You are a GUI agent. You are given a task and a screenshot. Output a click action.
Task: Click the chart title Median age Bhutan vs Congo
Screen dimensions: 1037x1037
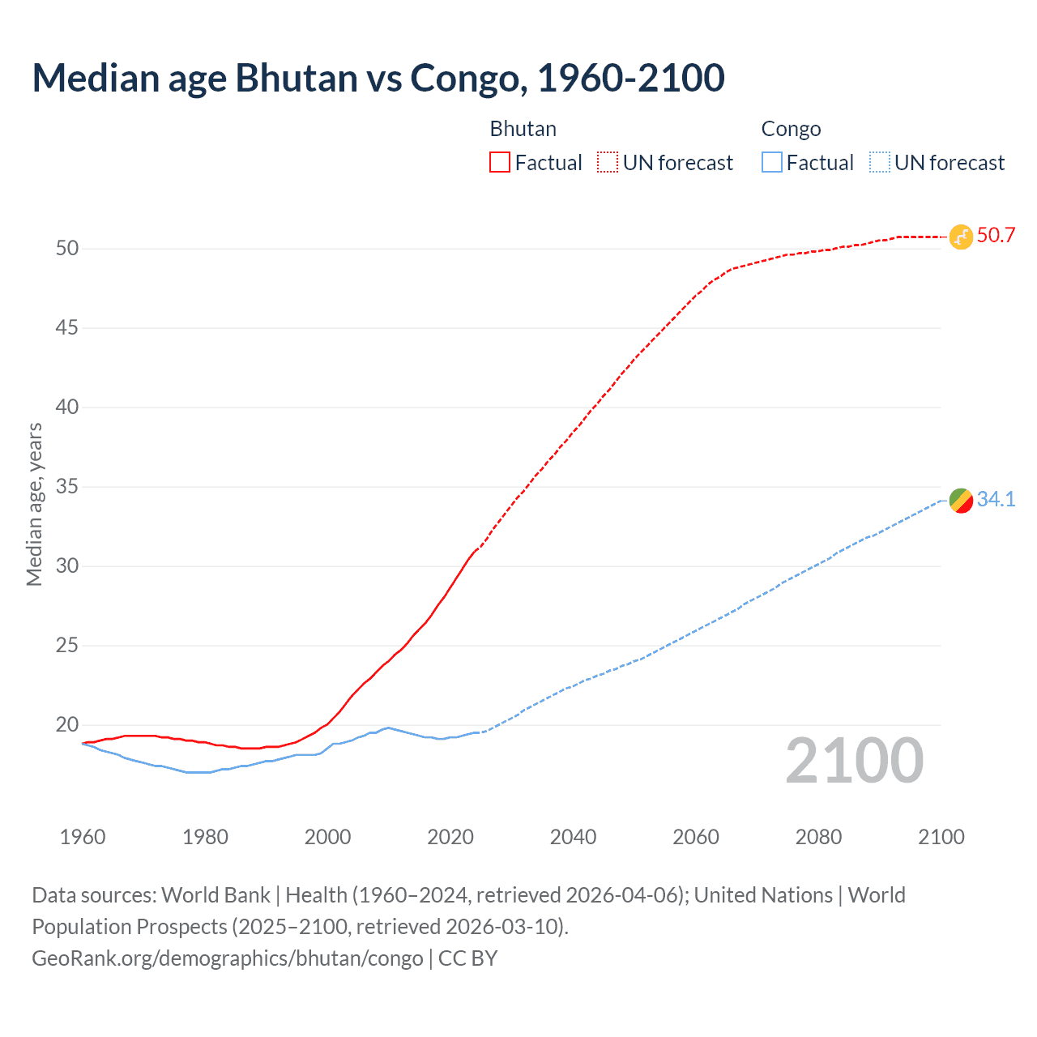click(x=378, y=78)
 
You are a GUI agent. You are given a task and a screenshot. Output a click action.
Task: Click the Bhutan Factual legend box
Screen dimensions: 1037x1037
click(x=500, y=163)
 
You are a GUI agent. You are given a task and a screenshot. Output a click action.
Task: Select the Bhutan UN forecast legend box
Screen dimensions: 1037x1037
click(x=608, y=163)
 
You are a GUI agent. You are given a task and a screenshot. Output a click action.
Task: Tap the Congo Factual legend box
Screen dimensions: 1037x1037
click(x=772, y=163)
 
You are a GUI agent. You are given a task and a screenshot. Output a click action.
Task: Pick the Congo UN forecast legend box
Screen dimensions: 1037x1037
click(x=879, y=163)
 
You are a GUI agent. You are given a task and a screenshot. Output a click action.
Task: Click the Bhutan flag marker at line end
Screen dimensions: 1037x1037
click(x=960, y=237)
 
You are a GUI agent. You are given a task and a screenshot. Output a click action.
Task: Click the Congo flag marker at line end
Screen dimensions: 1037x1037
click(x=960, y=501)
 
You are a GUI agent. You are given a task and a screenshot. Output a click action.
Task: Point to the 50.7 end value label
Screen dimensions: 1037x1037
click(x=996, y=236)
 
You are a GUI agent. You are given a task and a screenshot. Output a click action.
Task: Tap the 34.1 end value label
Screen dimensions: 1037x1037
click(x=996, y=500)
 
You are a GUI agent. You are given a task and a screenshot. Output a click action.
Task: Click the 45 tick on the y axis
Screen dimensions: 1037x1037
click(x=67, y=328)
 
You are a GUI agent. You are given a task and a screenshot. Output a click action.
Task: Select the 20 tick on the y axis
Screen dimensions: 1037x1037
click(x=67, y=725)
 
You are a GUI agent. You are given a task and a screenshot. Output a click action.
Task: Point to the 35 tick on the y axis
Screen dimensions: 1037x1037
click(x=67, y=487)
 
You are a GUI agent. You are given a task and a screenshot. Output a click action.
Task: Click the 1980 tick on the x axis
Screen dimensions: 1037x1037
click(x=205, y=837)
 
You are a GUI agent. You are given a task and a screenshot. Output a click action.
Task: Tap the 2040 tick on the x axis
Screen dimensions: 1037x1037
click(x=573, y=837)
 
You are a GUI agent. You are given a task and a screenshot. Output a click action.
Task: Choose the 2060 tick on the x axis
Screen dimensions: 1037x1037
click(x=696, y=837)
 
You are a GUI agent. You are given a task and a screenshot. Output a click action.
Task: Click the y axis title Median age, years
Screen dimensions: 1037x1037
click(x=34, y=504)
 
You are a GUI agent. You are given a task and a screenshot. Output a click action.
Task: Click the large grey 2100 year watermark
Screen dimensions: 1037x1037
click(x=854, y=761)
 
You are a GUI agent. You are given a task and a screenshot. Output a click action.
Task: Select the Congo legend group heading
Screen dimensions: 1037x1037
click(x=791, y=130)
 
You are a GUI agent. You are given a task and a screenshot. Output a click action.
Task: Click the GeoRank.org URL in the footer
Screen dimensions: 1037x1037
click(x=227, y=958)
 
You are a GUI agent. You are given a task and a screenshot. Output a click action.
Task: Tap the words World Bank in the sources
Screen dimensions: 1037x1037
click(x=216, y=895)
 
